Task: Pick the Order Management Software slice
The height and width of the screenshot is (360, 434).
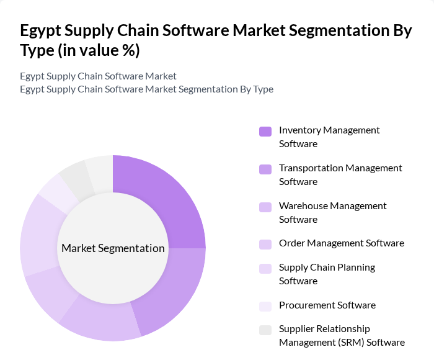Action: tap(47, 292)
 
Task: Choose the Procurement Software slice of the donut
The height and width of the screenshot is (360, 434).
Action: tap(57, 189)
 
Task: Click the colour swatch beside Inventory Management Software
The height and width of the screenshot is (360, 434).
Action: tap(265, 131)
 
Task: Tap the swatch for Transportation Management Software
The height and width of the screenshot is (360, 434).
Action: tap(265, 169)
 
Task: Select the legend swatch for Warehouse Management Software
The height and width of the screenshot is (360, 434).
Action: tap(265, 207)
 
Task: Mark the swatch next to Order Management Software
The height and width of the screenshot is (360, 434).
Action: tap(265, 244)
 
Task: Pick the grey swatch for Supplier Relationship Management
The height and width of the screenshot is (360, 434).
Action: tap(265, 330)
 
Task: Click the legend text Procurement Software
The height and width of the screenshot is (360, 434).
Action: tap(327, 305)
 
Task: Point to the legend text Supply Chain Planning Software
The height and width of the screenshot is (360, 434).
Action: tap(327, 274)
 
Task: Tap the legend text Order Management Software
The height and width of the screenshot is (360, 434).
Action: tap(342, 243)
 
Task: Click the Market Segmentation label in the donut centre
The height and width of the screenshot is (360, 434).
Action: tap(113, 248)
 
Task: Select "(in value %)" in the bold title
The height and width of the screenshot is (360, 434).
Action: tap(99, 50)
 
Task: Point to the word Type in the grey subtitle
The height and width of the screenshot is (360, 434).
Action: tap(263, 89)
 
